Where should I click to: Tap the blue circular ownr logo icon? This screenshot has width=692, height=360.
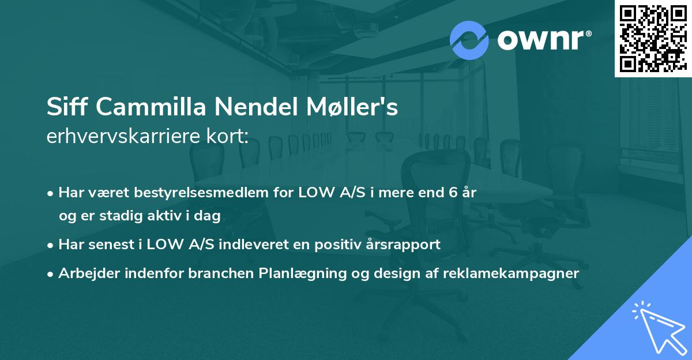click(469, 40)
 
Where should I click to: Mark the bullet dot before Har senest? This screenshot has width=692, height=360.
click(51, 245)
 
